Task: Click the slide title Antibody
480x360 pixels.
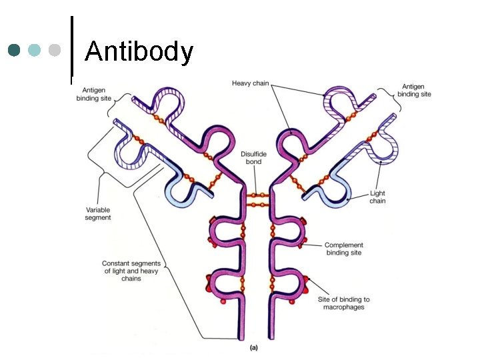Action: [x=139, y=51]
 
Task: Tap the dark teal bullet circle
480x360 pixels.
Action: [x=15, y=50]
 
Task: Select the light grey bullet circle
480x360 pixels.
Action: [x=55, y=50]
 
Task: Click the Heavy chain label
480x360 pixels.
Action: [x=251, y=83]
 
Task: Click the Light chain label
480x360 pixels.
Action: [x=377, y=197]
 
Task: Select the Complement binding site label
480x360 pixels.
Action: [x=344, y=249]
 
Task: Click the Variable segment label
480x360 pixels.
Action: [x=98, y=213]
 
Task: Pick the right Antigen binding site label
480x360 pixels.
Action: [x=414, y=90]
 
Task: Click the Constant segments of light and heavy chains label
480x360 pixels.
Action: [x=131, y=271]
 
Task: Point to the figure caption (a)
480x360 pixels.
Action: [x=253, y=347]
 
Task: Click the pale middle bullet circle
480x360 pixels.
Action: [x=35, y=50]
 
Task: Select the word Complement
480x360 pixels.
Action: [x=344, y=245]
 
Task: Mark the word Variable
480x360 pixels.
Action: [x=98, y=209]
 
